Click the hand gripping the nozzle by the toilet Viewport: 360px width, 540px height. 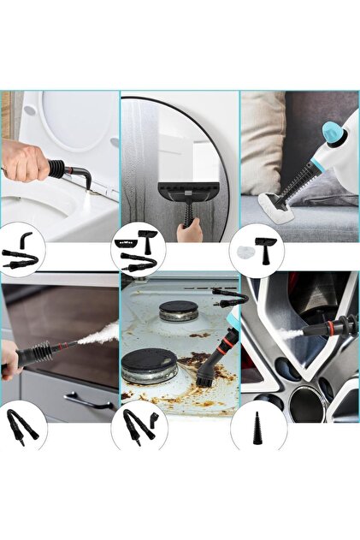coord(26,160)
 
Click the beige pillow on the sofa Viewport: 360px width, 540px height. coord(260,145)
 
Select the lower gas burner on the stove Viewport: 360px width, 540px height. coord(149,365)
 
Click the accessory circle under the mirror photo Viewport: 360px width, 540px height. coord(139,247)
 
